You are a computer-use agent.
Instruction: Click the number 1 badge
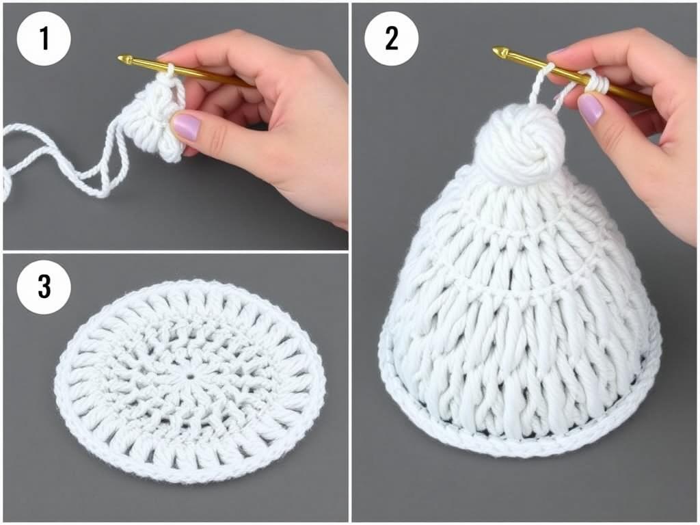point(44,39)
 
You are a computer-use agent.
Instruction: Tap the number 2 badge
point(392,39)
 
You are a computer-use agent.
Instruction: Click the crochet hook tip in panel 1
point(119,57)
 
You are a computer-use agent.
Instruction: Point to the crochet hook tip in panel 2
point(494,51)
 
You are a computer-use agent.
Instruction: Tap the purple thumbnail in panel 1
point(186,126)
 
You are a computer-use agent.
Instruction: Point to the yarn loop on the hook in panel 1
point(170,70)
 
